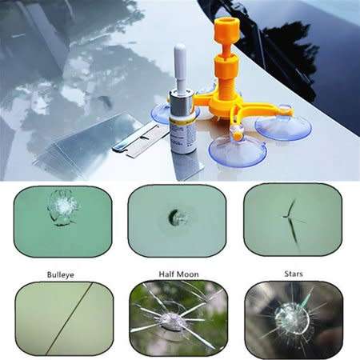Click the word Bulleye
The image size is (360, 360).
pyautogui.click(x=59, y=271)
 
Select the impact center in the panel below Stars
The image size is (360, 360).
pyautogui.click(x=287, y=317)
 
